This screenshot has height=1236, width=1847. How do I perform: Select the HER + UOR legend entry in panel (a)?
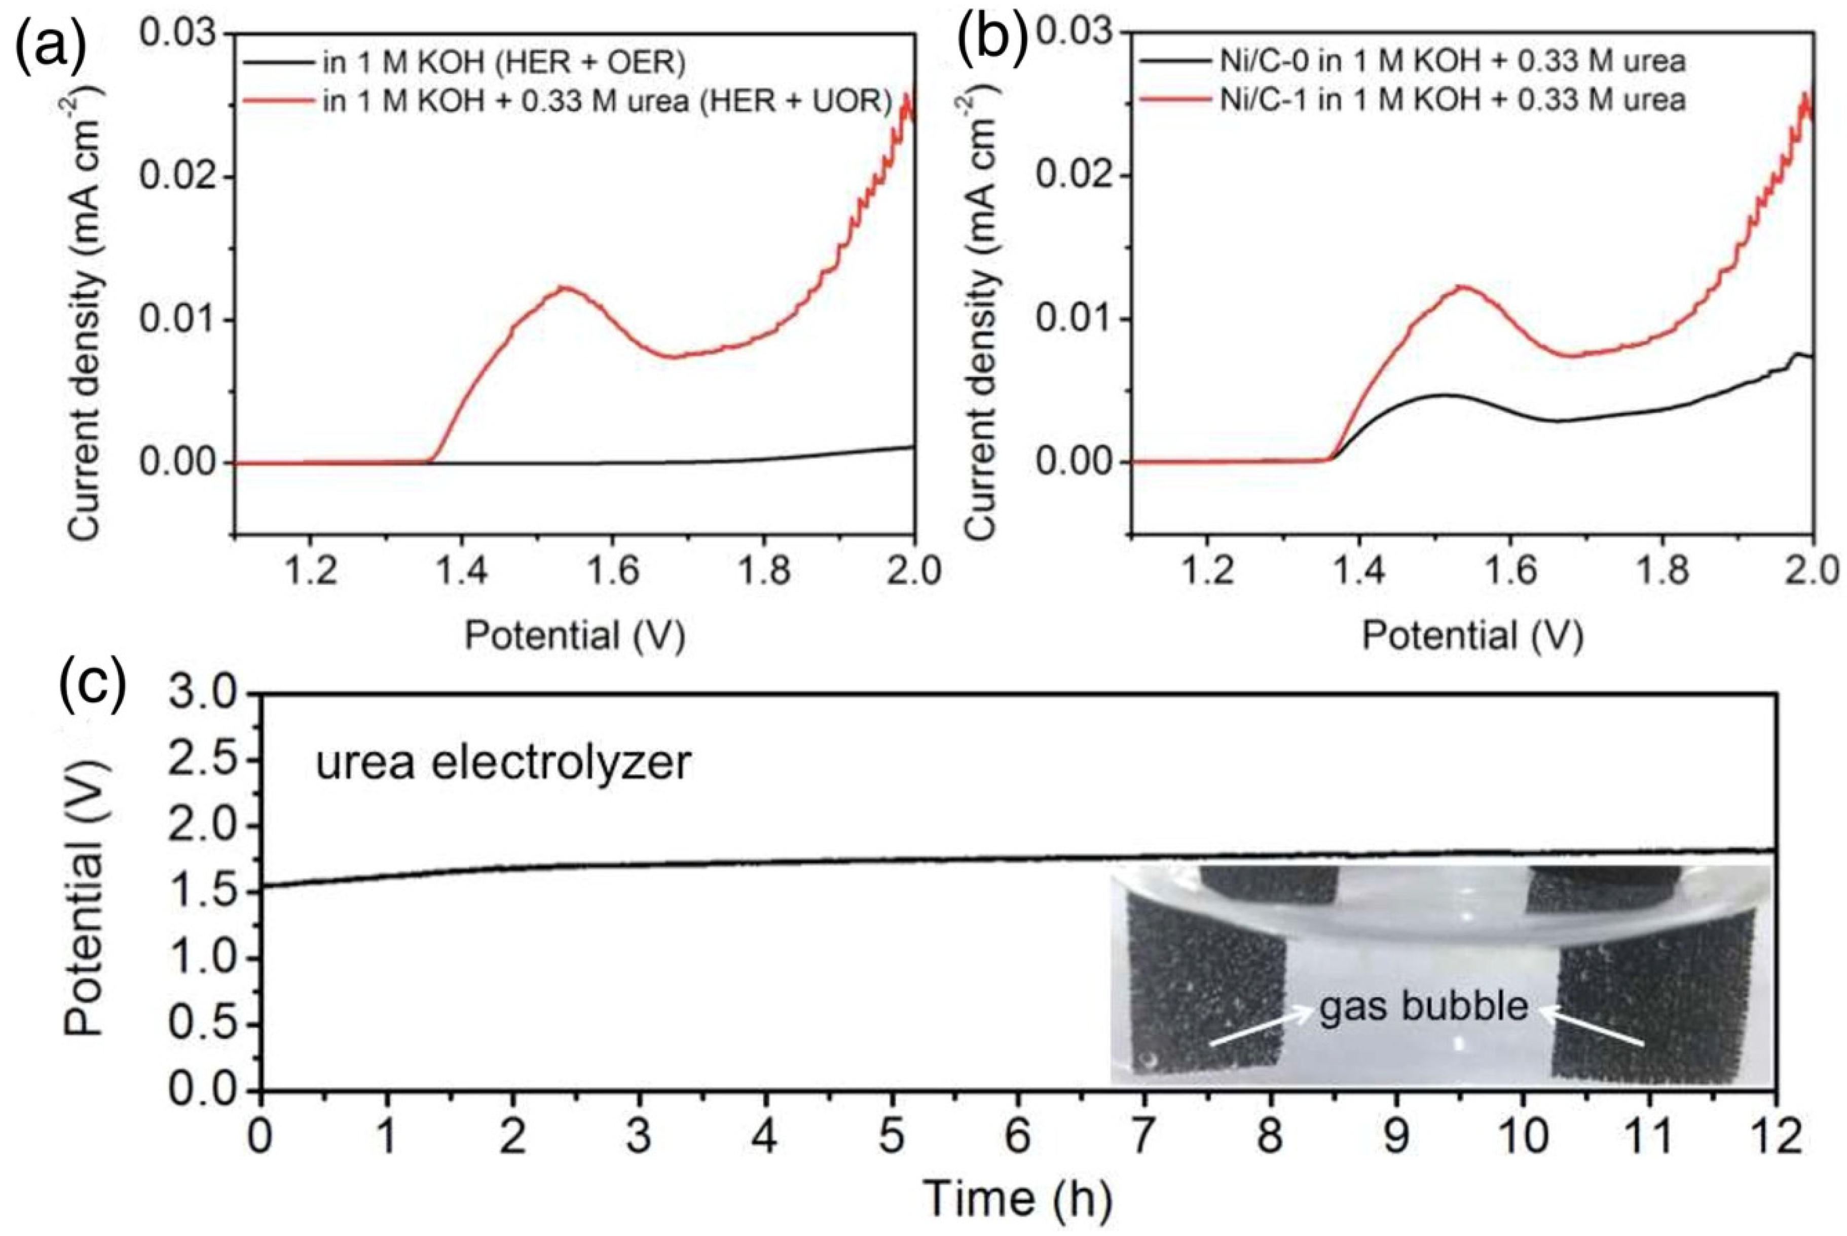point(607,101)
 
